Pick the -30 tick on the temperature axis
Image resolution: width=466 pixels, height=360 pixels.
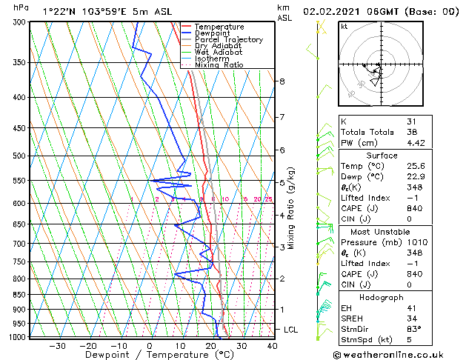(57, 345)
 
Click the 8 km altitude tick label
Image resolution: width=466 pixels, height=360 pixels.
(282, 81)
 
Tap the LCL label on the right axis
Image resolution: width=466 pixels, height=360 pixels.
(291, 329)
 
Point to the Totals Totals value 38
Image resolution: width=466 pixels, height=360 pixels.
(412, 133)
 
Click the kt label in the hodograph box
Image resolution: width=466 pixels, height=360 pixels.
(344, 26)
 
